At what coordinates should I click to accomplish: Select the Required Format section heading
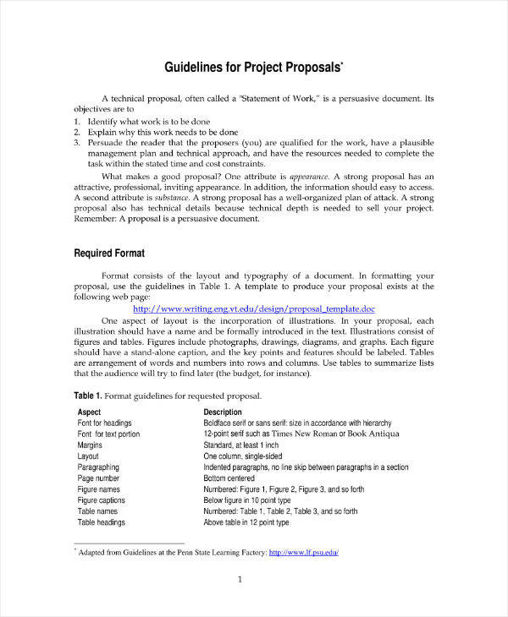tap(109, 253)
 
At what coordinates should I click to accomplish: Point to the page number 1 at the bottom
tap(240, 580)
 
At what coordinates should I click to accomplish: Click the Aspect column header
tap(89, 412)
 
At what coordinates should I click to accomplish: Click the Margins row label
tap(90, 445)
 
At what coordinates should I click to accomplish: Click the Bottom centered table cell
tap(233, 478)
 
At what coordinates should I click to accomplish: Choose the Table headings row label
tap(101, 522)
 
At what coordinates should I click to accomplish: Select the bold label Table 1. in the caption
tap(88, 396)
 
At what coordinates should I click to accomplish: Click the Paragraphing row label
tap(98, 467)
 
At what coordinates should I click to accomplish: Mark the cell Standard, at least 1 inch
tap(241, 445)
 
